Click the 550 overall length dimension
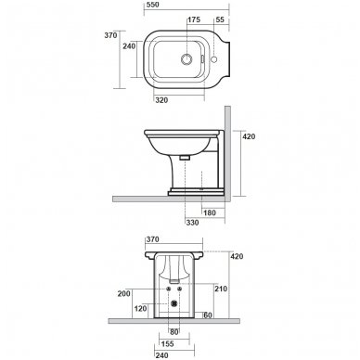(152, 5)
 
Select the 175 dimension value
(194, 19)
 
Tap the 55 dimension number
(220, 19)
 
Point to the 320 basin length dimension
(161, 100)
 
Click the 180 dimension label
(210, 212)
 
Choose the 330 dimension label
(192, 223)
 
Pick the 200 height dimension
(124, 293)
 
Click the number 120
(141, 308)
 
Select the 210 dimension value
(221, 289)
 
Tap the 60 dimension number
(208, 315)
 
